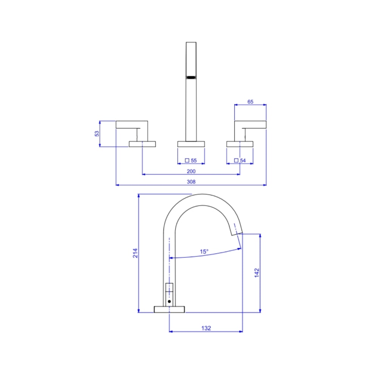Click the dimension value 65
(250, 102)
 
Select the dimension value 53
(97, 133)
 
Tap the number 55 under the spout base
(194, 161)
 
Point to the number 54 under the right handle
(243, 161)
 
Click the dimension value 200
(191, 171)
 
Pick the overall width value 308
(191, 182)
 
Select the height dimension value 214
(135, 253)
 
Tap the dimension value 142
(257, 273)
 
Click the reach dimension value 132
(206, 328)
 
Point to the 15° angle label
(204, 252)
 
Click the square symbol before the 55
(187, 160)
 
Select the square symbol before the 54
(236, 160)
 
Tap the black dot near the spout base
(169, 302)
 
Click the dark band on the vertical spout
(191, 77)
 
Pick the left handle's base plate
(142, 144)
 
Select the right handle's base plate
(240, 144)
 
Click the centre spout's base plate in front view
(191, 144)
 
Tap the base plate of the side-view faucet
(169, 309)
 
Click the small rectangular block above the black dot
(169, 287)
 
